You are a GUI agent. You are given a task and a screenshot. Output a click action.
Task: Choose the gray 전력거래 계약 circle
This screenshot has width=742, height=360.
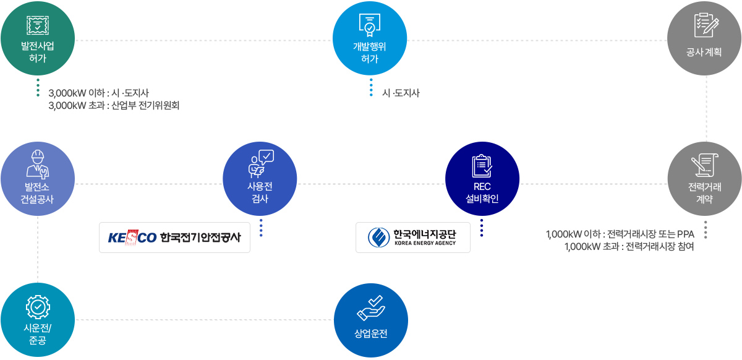(x=705, y=179)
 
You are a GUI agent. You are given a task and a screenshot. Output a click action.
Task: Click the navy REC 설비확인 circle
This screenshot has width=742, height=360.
(x=482, y=179)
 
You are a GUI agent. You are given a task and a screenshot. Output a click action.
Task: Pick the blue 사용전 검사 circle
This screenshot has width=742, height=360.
(x=260, y=179)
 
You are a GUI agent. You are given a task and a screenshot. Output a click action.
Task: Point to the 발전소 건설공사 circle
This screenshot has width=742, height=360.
(x=38, y=179)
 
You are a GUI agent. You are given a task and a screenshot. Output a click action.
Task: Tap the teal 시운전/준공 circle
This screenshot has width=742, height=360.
(x=38, y=320)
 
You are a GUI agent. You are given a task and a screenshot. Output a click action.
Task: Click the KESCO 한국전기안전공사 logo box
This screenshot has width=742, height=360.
(x=174, y=238)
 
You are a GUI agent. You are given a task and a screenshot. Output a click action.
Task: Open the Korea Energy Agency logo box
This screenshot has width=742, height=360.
(x=412, y=238)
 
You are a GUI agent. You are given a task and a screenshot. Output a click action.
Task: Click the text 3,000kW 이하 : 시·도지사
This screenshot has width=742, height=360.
(x=98, y=94)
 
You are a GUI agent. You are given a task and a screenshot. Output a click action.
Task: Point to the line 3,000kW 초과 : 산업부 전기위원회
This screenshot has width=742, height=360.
(x=114, y=106)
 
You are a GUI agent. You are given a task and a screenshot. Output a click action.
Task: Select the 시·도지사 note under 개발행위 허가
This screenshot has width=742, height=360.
(x=401, y=93)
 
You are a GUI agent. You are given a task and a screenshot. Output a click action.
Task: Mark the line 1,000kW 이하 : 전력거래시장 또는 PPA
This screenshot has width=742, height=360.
(x=620, y=234)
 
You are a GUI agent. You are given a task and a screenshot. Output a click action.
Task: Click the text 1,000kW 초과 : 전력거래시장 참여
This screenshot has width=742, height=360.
(x=629, y=247)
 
